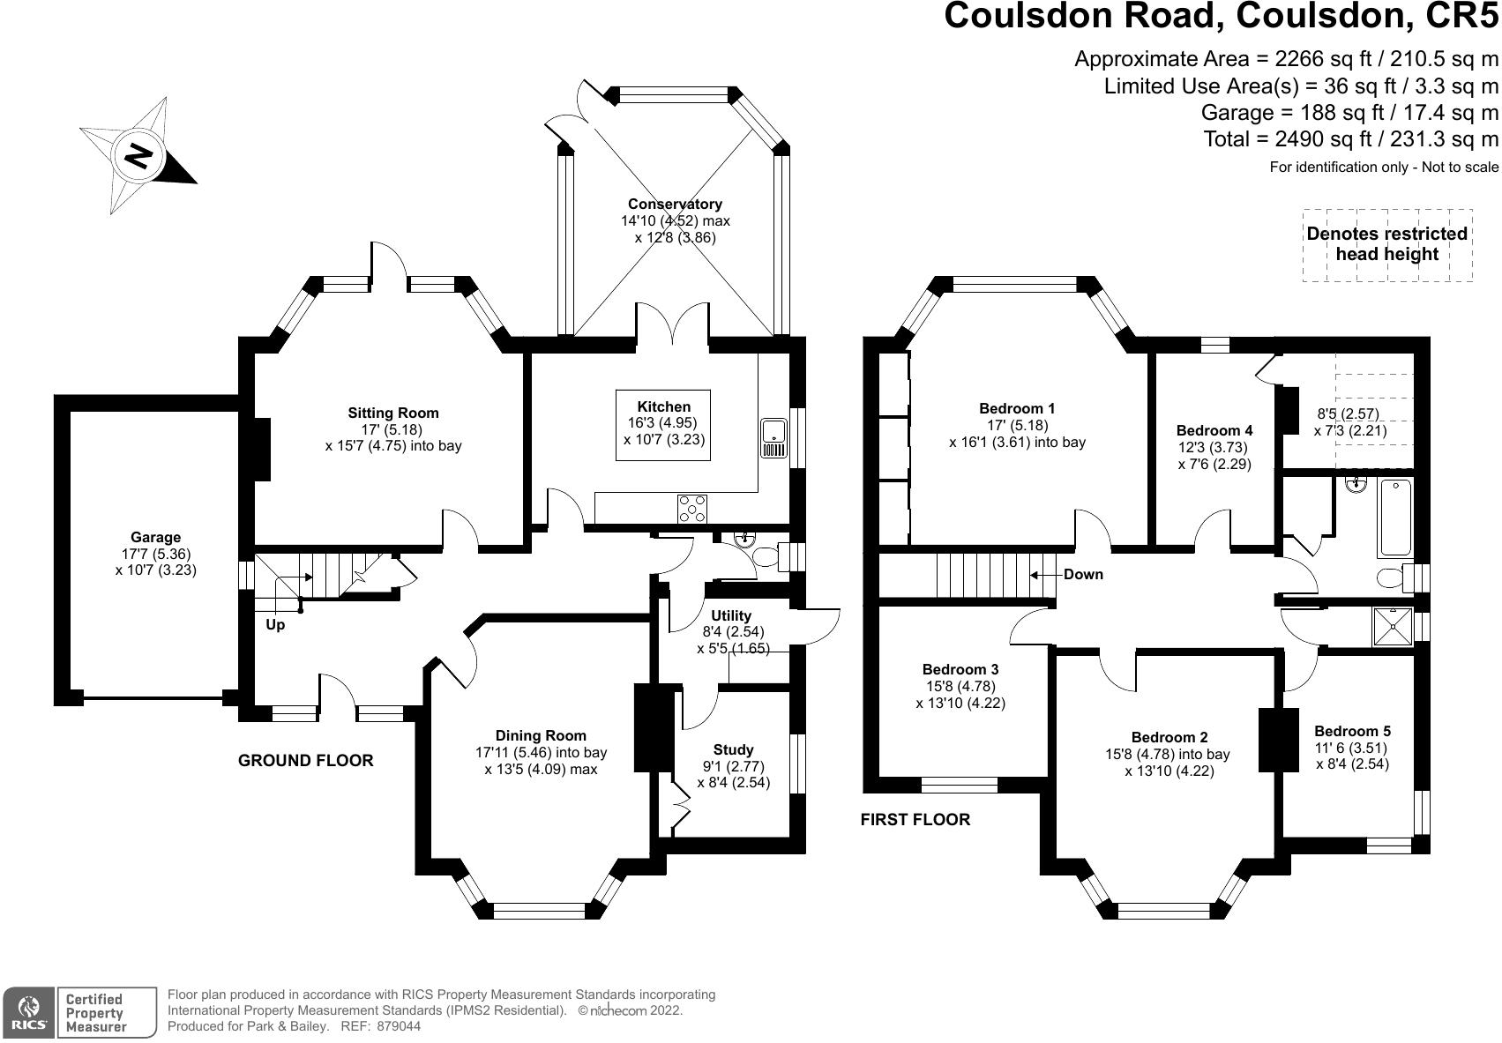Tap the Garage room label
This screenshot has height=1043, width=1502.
tap(155, 537)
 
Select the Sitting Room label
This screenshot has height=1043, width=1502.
tap(393, 413)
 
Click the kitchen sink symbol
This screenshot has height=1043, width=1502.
tap(773, 438)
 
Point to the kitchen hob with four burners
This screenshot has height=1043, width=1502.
tap(692, 508)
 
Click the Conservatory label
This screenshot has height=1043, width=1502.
tap(675, 204)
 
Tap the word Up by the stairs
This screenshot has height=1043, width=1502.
tap(275, 625)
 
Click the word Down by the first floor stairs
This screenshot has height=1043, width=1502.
tap(1083, 575)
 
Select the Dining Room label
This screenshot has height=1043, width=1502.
tap(541, 735)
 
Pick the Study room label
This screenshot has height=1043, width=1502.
tap(733, 749)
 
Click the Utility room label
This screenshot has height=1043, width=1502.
tap(731, 615)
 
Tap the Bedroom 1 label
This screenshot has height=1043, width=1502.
tap(1017, 408)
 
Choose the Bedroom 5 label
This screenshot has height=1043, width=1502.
tap(1352, 731)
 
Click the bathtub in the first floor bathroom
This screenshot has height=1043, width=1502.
tap(1395, 518)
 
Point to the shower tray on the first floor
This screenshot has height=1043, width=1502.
tap(1393, 627)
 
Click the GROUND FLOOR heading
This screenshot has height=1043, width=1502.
tap(306, 760)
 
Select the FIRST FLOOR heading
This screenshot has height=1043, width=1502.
tap(915, 819)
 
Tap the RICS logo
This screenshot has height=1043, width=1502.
tap(29, 1013)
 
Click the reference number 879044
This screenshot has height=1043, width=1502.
tap(399, 1026)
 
